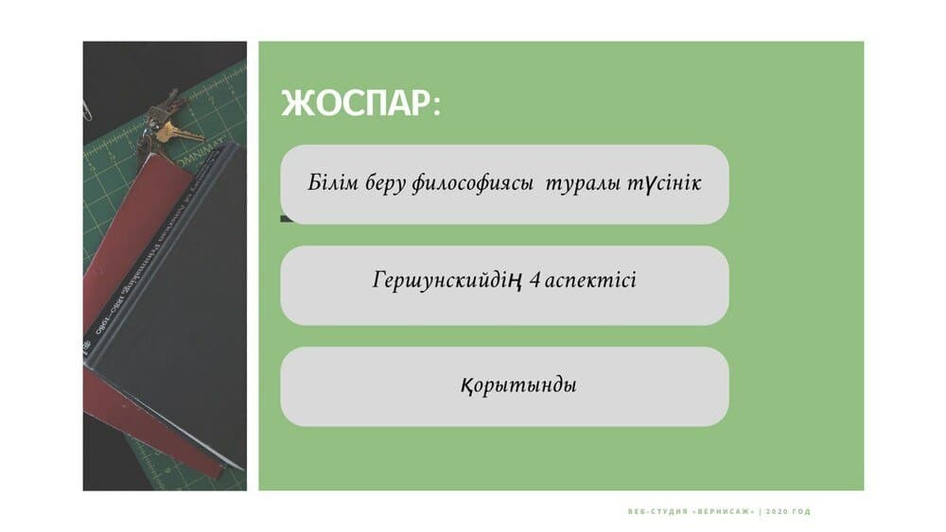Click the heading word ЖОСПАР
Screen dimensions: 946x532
(356, 103)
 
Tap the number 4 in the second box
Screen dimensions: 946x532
(534, 280)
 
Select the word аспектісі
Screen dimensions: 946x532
(590, 280)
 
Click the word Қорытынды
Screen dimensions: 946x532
(518, 385)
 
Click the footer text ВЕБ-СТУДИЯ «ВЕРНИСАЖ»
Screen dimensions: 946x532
(692, 511)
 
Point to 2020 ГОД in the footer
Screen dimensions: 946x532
(789, 511)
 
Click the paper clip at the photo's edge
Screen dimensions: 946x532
(87, 109)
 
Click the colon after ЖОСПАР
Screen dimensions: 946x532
(437, 105)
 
